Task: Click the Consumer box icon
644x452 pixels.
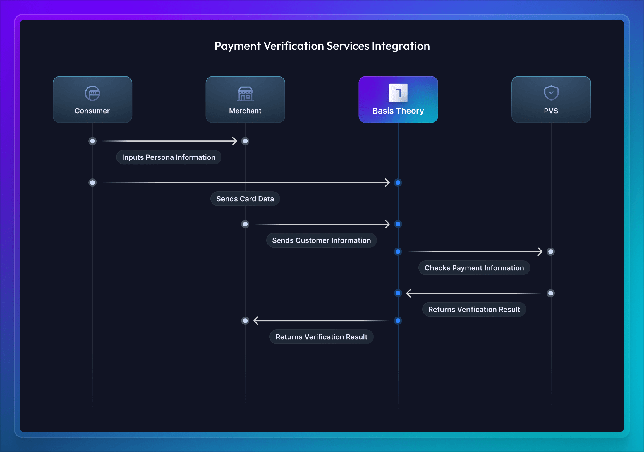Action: coord(92,93)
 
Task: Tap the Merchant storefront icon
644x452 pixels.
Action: coord(245,94)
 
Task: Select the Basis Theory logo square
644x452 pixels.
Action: coord(398,93)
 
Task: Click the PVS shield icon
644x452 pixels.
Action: coord(551,93)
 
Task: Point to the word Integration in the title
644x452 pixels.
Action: coord(401,46)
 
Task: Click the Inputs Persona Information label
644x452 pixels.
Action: coord(169,157)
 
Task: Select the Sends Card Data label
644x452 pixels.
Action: coord(245,199)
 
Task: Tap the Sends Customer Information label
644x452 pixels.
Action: coord(321,240)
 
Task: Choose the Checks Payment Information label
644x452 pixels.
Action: coord(474,268)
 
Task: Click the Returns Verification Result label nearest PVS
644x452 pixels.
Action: coord(474,310)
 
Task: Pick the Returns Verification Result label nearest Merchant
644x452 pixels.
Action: coord(321,337)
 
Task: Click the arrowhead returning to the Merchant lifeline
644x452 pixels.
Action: coord(256,321)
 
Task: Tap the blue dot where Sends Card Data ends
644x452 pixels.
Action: coord(398,183)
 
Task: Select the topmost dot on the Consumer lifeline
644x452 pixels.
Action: coord(92,141)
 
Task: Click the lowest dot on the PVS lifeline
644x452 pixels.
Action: coord(551,293)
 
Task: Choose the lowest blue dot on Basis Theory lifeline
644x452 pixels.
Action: coord(398,321)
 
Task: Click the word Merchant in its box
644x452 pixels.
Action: coord(245,111)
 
